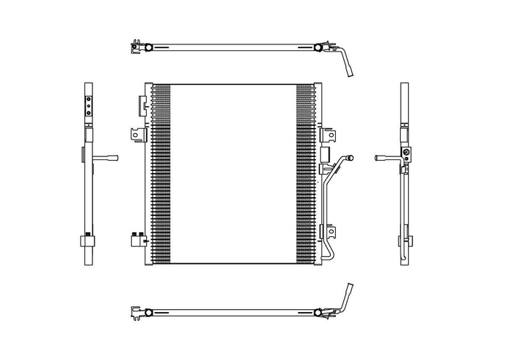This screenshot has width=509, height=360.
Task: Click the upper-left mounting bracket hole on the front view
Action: [135, 134]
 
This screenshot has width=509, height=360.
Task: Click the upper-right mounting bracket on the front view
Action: [331, 136]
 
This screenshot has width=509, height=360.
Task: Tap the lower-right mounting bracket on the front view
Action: [332, 233]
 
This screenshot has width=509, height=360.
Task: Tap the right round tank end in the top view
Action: [318, 49]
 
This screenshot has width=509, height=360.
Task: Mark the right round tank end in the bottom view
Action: [318, 312]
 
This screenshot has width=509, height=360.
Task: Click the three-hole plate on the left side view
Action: [88, 106]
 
